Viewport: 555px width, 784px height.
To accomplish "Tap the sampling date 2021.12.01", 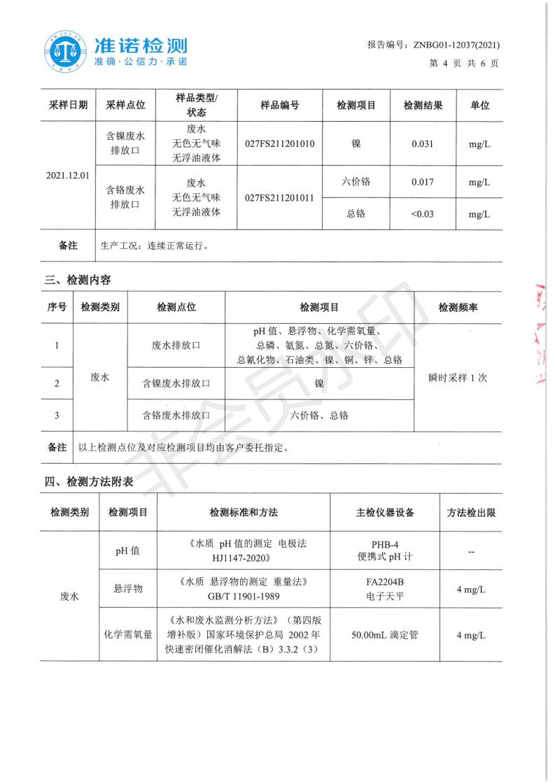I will pos(68,175).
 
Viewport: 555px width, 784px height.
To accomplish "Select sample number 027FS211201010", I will pos(280,144).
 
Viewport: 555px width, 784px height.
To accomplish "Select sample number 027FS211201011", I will pos(280,199).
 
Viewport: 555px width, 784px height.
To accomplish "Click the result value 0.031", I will pos(423,144).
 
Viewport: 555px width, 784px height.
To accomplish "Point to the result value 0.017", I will pos(423,183).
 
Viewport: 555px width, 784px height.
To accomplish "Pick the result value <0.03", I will pos(423,213).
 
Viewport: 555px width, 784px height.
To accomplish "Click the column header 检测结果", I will pos(423,106).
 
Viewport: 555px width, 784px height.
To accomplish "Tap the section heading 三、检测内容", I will pos(78,280).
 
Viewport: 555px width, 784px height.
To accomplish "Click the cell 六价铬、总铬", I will pos(319,415).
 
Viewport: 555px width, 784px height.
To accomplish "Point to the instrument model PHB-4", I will pos(384,545).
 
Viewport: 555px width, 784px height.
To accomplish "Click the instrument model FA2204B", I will pos(384,582).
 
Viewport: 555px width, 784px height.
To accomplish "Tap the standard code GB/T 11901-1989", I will pos(243,595).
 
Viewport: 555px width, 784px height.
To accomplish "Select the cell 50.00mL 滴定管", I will pos(384,636).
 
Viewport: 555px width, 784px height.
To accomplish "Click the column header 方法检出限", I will pos(471,513).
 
